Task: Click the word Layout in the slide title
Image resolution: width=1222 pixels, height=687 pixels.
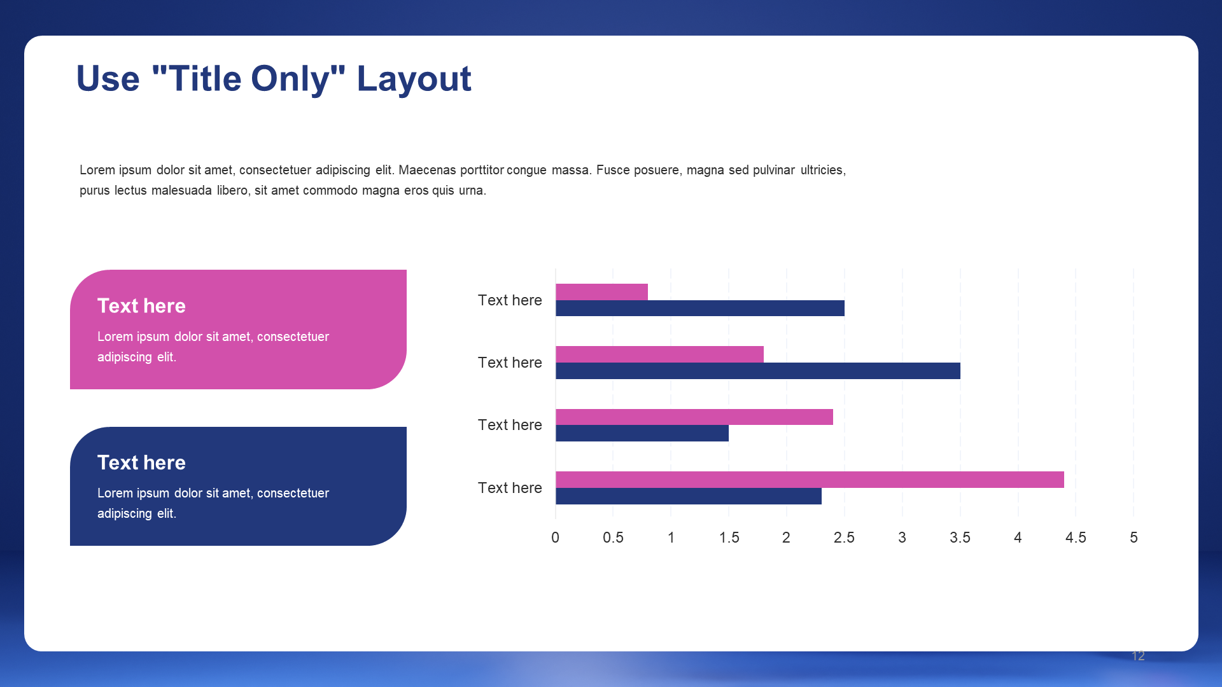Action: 414,80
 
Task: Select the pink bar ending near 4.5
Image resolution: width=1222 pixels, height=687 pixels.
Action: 810,480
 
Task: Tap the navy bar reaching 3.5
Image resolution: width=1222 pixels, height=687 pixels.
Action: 758,371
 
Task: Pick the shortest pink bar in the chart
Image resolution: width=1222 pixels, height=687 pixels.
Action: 601,292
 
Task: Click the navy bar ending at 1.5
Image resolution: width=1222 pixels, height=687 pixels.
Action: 642,433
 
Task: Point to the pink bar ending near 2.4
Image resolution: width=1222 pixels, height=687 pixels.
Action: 694,417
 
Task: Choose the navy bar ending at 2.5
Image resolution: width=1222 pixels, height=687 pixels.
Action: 700,309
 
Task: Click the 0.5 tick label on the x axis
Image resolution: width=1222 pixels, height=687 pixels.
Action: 613,538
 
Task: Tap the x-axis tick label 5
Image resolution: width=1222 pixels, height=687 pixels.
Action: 1134,538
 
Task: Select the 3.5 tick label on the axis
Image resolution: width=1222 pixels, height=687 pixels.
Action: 960,538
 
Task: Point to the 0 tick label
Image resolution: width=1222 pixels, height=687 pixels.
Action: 555,538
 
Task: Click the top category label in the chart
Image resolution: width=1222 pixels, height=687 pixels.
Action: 510,300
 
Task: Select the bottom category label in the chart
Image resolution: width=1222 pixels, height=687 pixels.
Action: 510,488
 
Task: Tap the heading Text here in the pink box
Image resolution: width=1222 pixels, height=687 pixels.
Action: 141,306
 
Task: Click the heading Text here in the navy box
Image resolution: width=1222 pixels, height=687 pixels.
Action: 141,462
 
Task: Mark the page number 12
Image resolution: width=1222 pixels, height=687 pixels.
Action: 1139,656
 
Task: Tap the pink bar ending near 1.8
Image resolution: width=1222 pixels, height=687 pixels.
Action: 659,354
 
